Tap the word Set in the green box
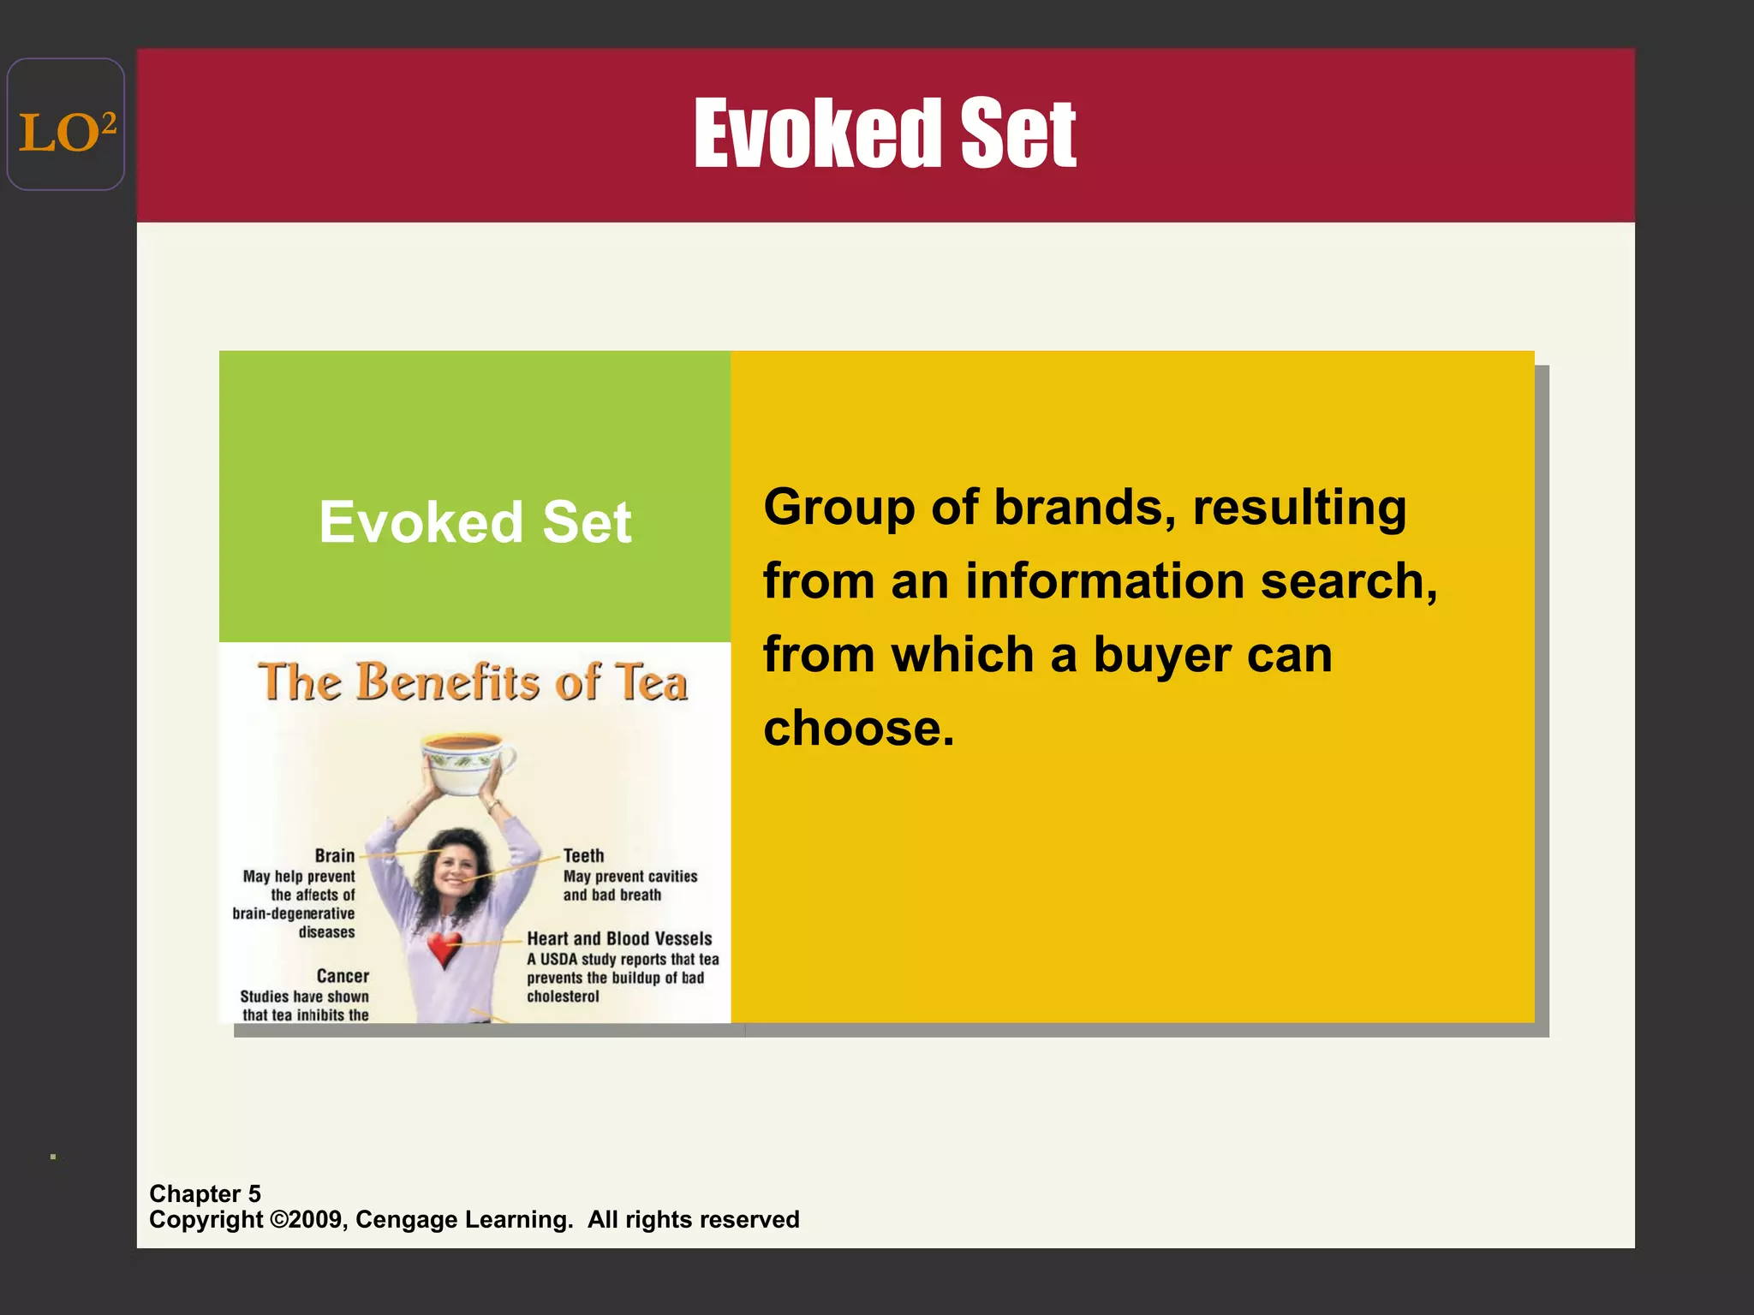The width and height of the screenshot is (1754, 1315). [587, 522]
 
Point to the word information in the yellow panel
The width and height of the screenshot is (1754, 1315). [1105, 580]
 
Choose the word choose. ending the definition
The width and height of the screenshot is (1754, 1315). [858, 729]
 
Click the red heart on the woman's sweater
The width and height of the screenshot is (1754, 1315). [444, 949]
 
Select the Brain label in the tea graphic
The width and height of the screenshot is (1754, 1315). [334, 855]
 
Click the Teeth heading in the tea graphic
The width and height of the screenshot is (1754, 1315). [583, 855]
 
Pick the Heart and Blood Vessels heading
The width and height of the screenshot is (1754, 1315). [619, 938]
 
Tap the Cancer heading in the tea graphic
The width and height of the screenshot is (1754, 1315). [343, 976]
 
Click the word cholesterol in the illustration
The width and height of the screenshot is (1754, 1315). [563, 997]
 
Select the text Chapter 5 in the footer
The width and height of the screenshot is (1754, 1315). [205, 1193]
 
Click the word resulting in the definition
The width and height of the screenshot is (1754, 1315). [1299, 507]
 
